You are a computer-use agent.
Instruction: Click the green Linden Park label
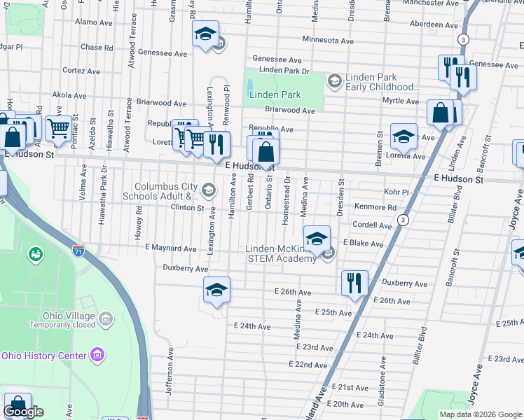point(275,94)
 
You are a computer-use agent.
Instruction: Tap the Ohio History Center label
point(43,356)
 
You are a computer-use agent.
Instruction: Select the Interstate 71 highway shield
point(78,248)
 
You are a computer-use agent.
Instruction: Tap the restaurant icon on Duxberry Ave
point(354,283)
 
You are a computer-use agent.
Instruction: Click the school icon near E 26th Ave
point(216,290)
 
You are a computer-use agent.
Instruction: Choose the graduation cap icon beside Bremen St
point(404,136)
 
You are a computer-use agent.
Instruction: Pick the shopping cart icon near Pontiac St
point(59,128)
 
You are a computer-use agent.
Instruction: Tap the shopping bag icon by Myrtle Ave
point(441,113)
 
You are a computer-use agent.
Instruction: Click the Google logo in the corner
point(24,412)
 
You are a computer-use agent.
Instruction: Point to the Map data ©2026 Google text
point(481,414)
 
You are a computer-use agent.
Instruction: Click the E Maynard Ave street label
point(170,248)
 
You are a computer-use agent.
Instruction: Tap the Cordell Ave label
point(372,225)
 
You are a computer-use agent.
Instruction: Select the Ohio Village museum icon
point(106,319)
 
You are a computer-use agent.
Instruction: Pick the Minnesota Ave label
point(328,40)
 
